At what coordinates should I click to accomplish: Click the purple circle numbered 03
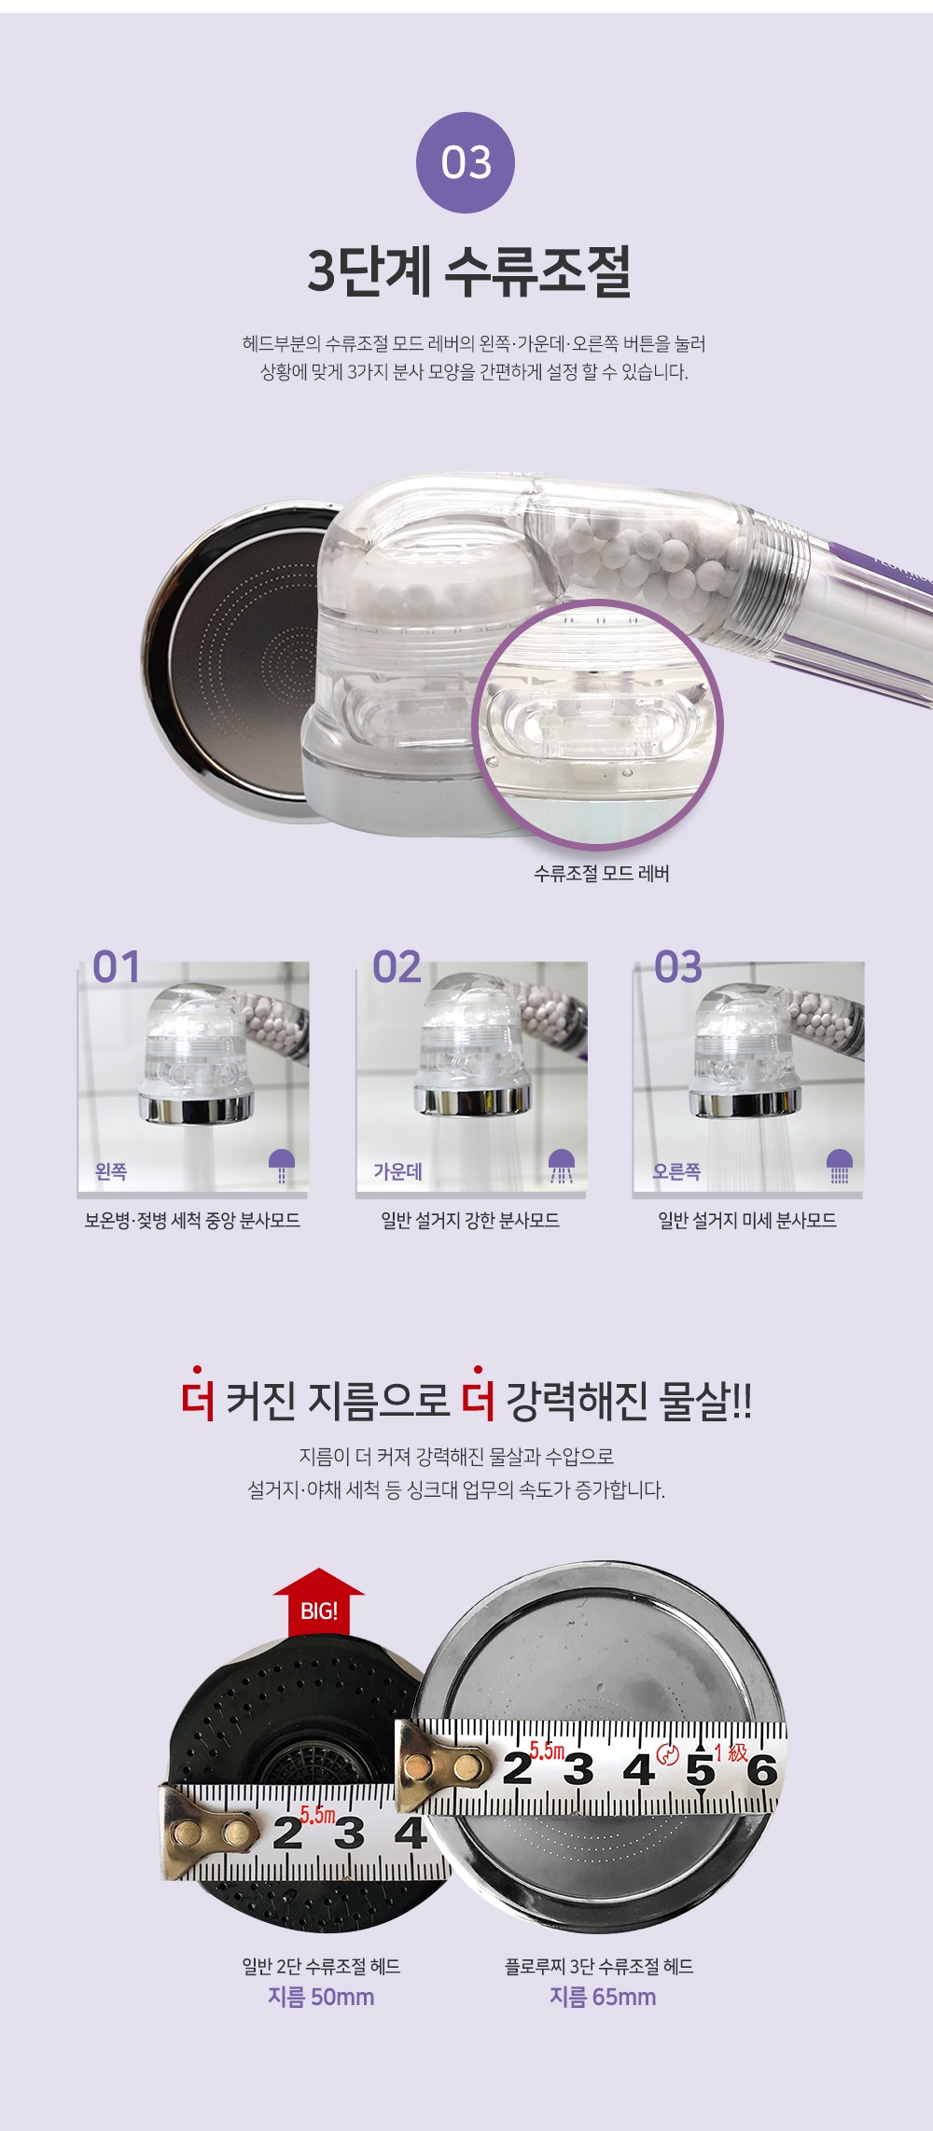click(x=466, y=162)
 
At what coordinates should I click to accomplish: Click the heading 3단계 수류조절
click(x=469, y=271)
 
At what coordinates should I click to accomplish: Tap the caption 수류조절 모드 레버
click(x=602, y=874)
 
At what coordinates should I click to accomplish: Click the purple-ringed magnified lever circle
click(x=598, y=724)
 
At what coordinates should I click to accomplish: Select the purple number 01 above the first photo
click(x=117, y=967)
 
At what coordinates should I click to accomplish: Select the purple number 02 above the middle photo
click(x=397, y=967)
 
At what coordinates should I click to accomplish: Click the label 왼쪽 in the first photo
click(x=111, y=1171)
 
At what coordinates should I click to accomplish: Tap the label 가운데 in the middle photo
click(x=398, y=1171)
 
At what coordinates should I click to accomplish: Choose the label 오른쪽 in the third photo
click(x=676, y=1171)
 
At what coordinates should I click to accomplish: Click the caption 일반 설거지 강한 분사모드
click(x=470, y=1221)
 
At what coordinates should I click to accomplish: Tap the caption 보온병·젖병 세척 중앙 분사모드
click(x=192, y=1221)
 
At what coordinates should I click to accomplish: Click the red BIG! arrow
click(x=319, y=1603)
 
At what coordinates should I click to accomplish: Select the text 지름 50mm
click(x=321, y=1997)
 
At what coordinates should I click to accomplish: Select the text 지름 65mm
click(x=603, y=1997)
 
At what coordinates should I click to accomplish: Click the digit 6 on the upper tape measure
click(x=762, y=1769)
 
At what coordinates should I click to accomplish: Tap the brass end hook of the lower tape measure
click(x=209, y=1833)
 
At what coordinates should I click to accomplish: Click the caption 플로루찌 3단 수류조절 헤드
click(x=599, y=1966)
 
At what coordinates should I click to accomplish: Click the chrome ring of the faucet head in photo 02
click(x=473, y=1100)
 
